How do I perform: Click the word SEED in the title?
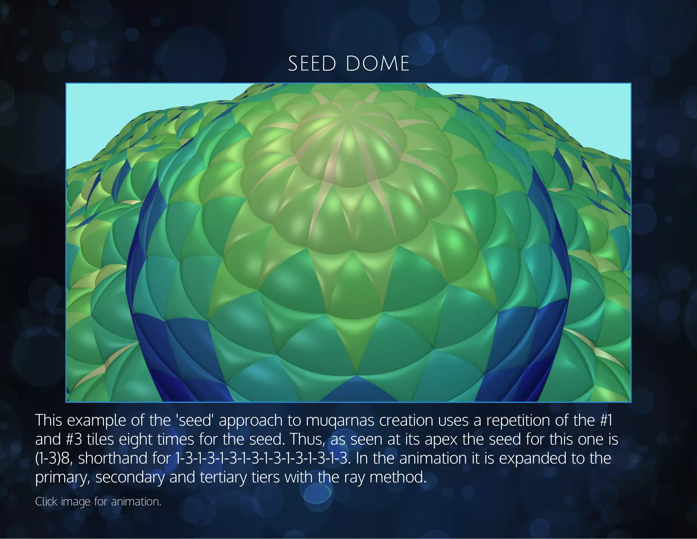click(312, 64)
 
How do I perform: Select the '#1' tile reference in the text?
click(605, 420)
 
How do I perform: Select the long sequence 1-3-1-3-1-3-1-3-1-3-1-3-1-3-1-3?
click(262, 459)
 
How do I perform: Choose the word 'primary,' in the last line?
click(63, 477)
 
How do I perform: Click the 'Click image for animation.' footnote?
click(98, 502)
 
